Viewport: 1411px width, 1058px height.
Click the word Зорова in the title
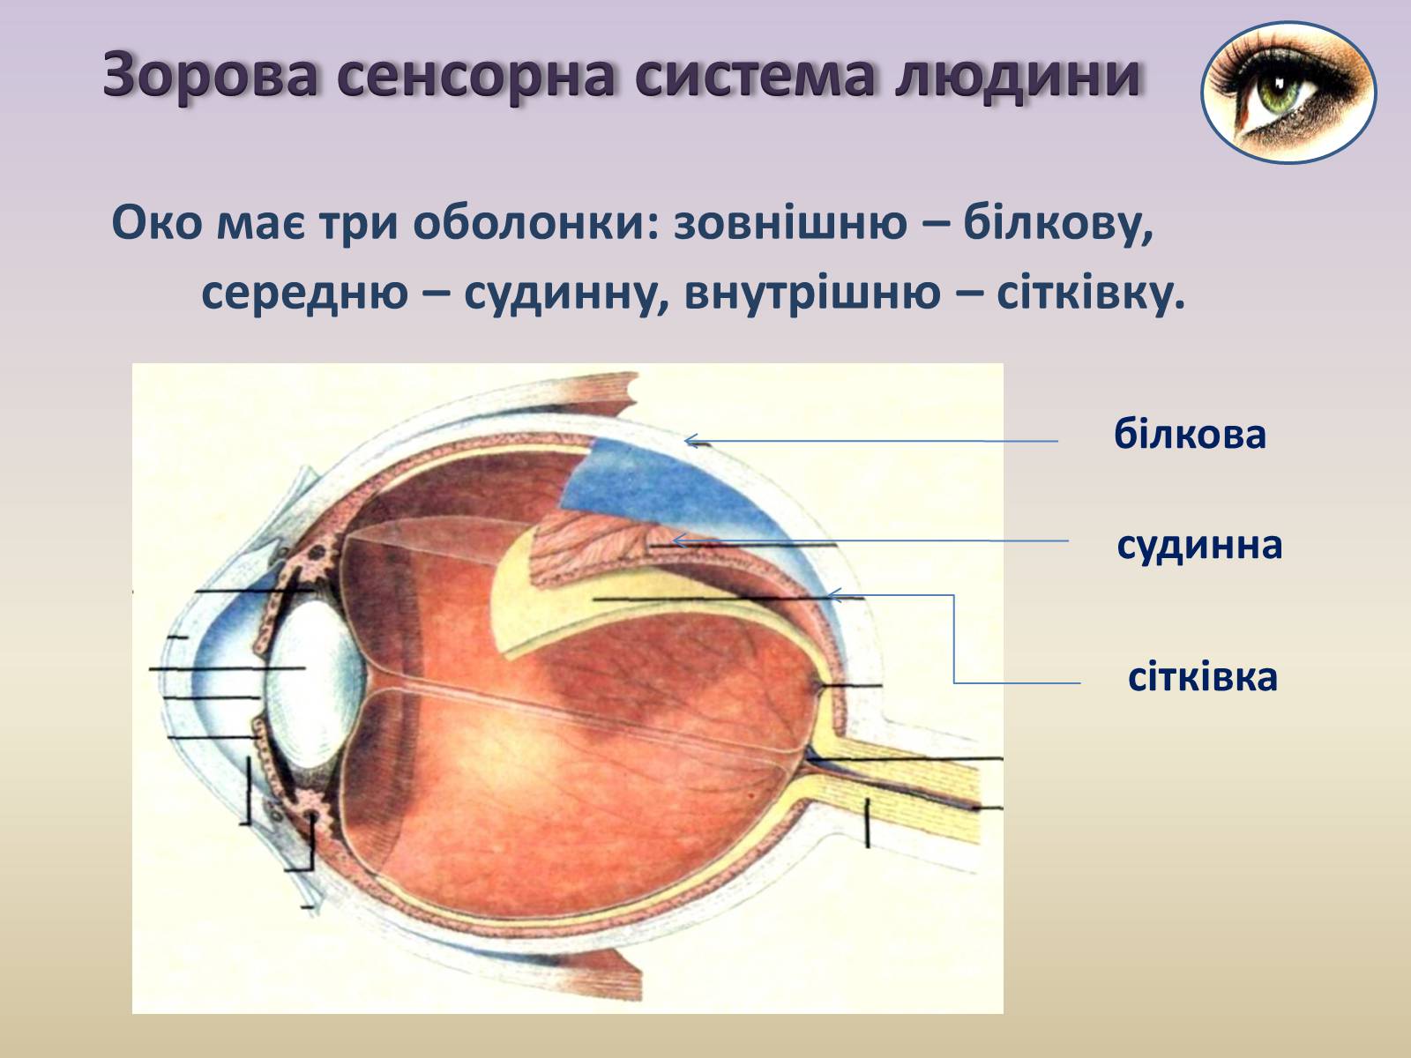(x=210, y=76)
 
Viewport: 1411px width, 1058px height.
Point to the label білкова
(x=1190, y=435)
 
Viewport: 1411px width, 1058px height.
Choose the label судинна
(x=1199, y=546)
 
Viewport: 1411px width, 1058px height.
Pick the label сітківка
(x=1203, y=677)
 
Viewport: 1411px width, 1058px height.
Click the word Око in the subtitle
(x=157, y=223)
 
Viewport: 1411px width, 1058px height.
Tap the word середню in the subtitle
(x=305, y=294)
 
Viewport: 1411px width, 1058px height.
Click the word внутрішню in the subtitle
(x=812, y=294)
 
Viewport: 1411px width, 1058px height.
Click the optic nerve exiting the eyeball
(x=900, y=790)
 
